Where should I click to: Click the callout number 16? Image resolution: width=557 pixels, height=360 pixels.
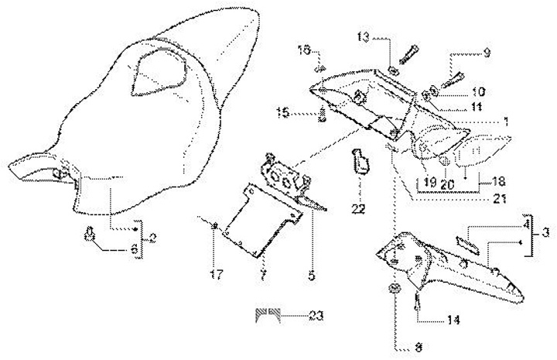(305, 50)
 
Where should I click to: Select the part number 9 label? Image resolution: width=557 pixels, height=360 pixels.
(487, 53)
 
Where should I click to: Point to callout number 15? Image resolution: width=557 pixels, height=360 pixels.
(284, 113)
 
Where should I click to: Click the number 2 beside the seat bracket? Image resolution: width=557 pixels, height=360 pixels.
(152, 238)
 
